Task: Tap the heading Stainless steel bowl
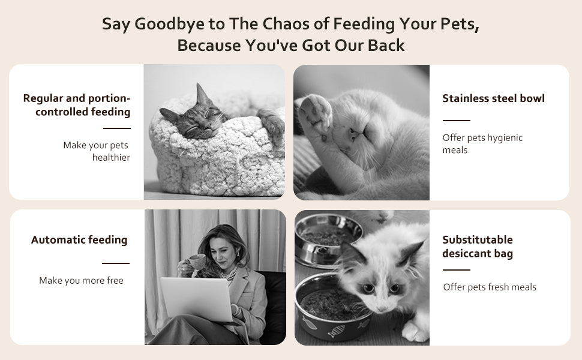pos(493,98)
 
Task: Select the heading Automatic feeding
pos(79,240)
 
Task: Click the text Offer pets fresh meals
pos(490,287)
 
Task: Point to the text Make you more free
pos(81,281)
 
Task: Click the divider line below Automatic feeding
pos(115,263)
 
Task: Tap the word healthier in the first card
pos(111,158)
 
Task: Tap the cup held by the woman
pos(195,260)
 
